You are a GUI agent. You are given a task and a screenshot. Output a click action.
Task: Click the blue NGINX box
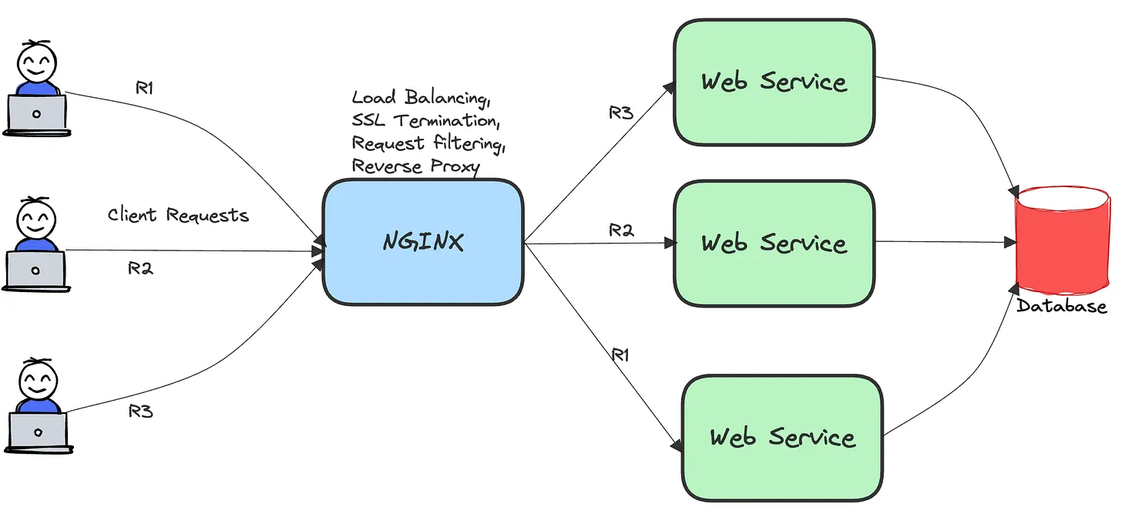[x=423, y=243]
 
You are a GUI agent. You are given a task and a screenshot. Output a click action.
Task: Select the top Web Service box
[x=774, y=82]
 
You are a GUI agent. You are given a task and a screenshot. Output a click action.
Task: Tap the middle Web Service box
[x=774, y=243]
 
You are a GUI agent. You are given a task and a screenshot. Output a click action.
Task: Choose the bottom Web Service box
[x=782, y=438]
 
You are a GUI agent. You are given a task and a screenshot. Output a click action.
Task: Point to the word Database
[x=1062, y=307]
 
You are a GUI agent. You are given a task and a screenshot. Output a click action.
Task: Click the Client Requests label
[x=178, y=215]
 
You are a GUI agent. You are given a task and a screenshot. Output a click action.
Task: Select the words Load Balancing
[x=421, y=98]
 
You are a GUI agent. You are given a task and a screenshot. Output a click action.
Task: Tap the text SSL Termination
[x=425, y=121]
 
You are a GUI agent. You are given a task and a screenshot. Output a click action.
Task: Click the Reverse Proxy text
[x=415, y=166]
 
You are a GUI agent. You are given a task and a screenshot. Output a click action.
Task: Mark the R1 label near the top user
[x=145, y=88]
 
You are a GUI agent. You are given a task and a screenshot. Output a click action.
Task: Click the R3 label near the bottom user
[x=140, y=412]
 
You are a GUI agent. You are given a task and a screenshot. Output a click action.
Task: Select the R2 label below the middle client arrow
[x=140, y=269]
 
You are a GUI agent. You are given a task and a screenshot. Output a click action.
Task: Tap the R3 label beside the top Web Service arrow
[x=620, y=113]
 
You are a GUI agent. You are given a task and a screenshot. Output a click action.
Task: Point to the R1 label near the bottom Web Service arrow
[x=621, y=354]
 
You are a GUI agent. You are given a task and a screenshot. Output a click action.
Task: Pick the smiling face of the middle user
[x=36, y=220]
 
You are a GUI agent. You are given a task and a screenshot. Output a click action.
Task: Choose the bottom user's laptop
[x=38, y=429]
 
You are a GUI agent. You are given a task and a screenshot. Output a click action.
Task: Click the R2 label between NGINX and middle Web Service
[x=621, y=230]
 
